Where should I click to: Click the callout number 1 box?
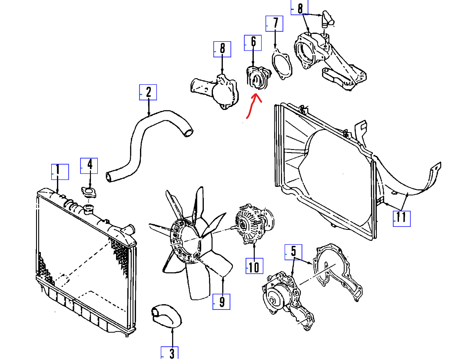60,172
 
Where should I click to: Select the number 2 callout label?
148,92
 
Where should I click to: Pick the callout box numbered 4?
89,165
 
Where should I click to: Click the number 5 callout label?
293,252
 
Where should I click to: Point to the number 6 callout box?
253,42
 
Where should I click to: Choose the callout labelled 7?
275,23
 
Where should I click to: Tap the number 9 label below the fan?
222,302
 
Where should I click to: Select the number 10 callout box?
254,266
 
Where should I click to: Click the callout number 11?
402,218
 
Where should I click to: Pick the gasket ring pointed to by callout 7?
282,64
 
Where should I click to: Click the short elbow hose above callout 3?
166,317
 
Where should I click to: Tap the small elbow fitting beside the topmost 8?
327,19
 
